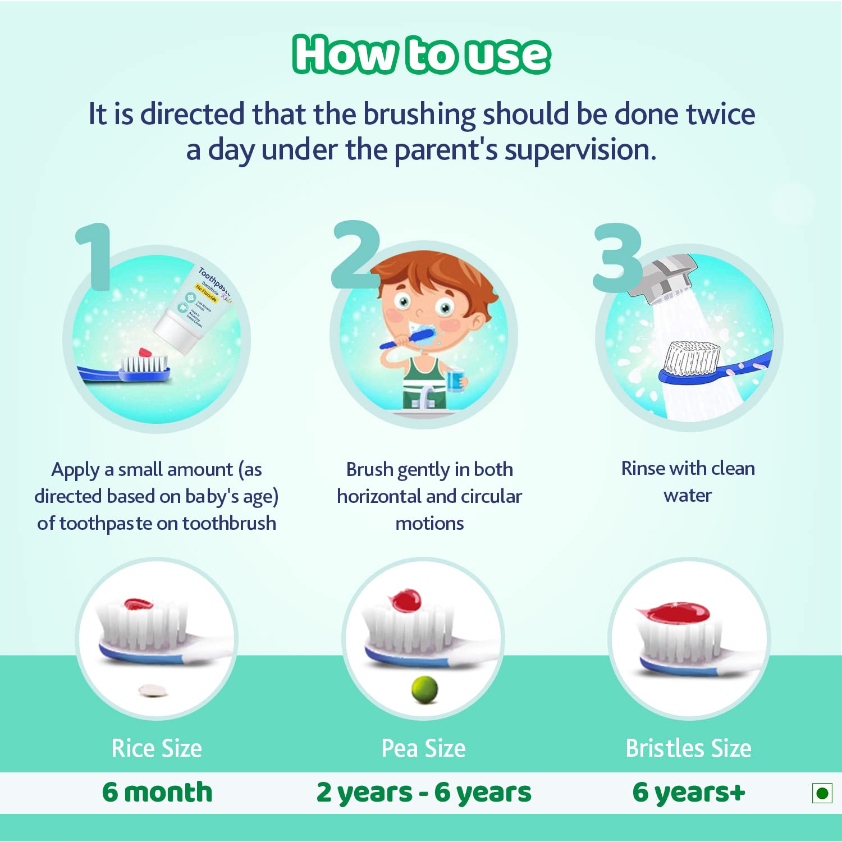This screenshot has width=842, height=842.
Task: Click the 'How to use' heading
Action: point(421,54)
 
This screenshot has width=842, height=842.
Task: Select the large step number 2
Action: point(356,255)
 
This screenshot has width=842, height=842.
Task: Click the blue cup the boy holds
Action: point(454,380)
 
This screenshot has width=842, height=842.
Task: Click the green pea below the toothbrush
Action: point(424,689)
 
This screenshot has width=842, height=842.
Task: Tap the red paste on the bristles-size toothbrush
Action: point(674,612)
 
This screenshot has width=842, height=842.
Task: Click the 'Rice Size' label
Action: point(157,748)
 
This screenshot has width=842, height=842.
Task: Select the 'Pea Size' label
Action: point(423,748)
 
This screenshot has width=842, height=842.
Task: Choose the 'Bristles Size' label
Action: point(688,748)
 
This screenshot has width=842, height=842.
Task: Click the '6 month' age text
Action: point(157,792)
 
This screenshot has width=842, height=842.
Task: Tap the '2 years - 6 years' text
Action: point(423,793)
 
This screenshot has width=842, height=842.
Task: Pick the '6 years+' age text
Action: point(688,793)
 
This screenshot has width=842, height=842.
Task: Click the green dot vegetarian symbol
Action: point(822,793)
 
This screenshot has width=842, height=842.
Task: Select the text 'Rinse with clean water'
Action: point(688,482)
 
